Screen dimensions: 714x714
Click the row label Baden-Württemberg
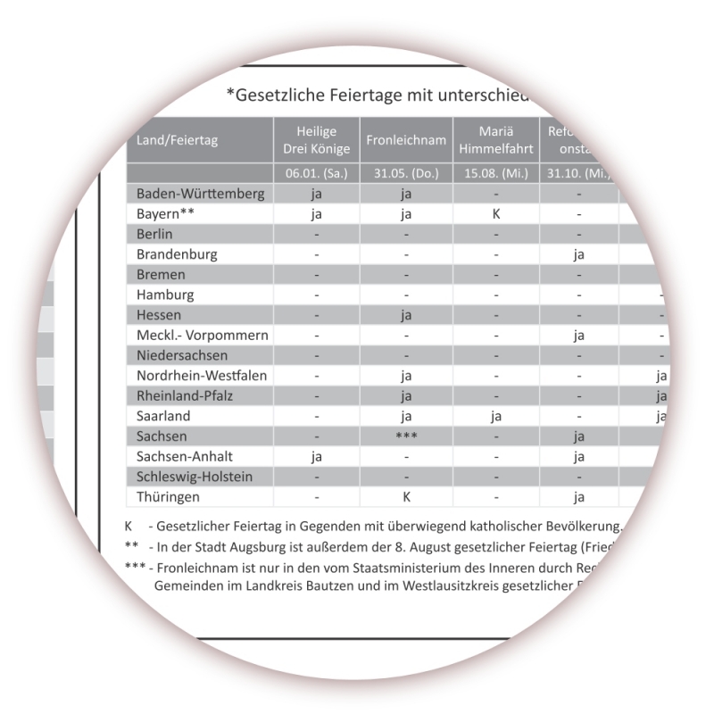(200, 194)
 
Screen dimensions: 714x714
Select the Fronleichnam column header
(405, 140)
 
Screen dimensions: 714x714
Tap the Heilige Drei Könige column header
(316, 140)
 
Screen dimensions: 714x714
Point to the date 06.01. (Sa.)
(316, 173)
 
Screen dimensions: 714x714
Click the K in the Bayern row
(494, 214)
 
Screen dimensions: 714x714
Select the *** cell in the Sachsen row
(405, 436)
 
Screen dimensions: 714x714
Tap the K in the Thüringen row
(405, 497)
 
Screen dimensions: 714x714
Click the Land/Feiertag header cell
(177, 140)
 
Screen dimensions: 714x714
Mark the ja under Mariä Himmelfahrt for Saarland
(494, 416)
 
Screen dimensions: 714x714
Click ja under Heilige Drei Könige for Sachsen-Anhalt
(316, 457)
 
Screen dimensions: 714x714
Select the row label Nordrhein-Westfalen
(202, 376)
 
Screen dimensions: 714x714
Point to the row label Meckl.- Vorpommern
(203, 336)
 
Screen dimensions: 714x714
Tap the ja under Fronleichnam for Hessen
(405, 315)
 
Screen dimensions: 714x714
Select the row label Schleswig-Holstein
(195, 477)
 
